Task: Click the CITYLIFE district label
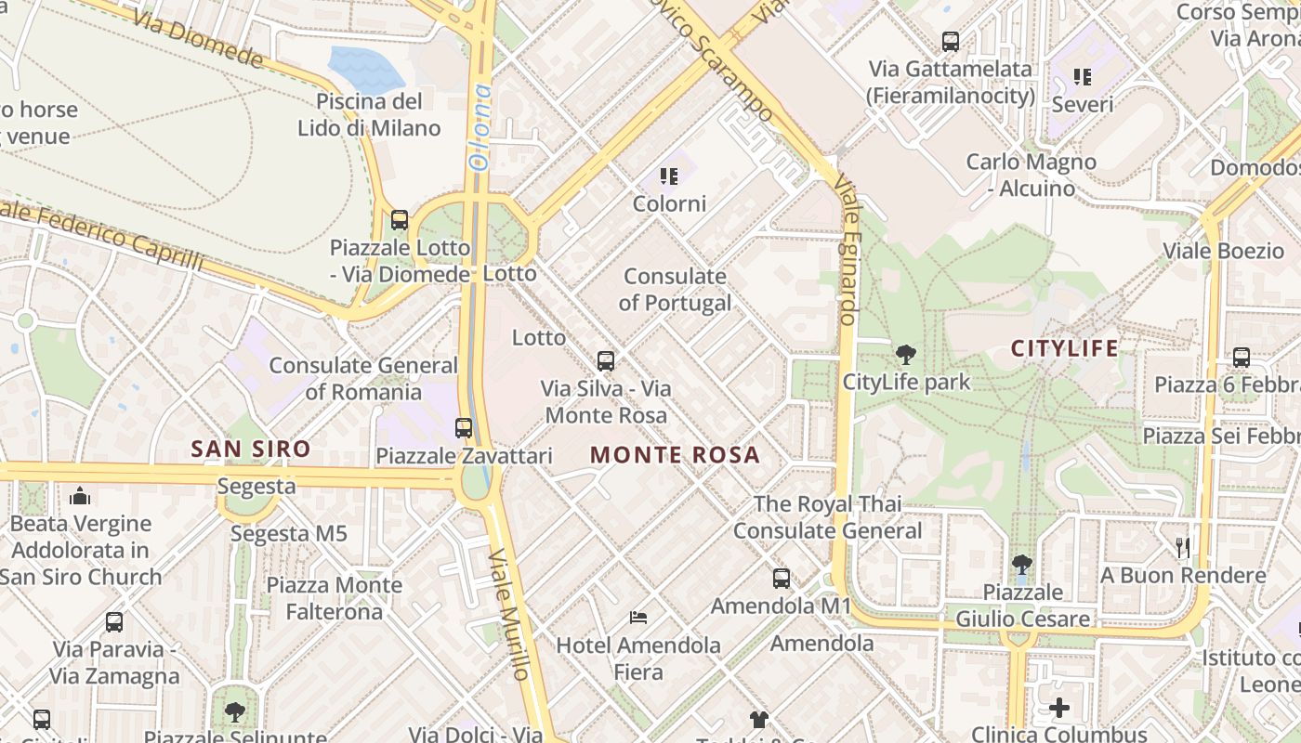tap(1065, 349)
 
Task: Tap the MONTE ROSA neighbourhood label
tap(675, 455)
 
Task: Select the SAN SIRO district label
tap(251, 450)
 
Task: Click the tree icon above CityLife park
tap(906, 354)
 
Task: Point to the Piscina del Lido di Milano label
tap(369, 114)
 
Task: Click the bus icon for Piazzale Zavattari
tap(464, 428)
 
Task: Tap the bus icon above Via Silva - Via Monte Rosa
tap(606, 360)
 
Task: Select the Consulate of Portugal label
tap(675, 289)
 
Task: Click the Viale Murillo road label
tap(510, 613)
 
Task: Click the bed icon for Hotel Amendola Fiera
tap(638, 617)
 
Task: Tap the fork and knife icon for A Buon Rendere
tap(1183, 547)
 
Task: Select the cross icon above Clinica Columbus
tap(1059, 708)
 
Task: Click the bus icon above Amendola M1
tap(782, 578)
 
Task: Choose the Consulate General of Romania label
tap(363, 378)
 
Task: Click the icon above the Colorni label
tap(668, 176)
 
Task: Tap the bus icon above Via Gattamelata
tap(950, 41)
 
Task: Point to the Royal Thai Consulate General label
tap(827, 517)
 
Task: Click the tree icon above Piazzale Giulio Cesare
tap(1022, 564)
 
